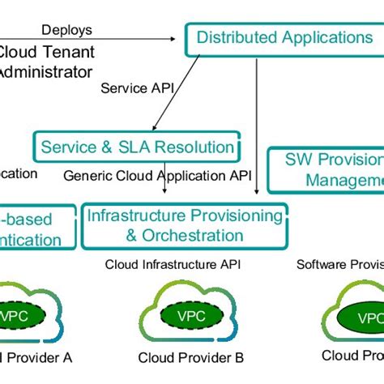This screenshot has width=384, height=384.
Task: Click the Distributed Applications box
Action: click(284, 38)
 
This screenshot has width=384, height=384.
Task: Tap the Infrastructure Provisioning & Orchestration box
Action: click(184, 226)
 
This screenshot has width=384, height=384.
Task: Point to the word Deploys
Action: click(66, 30)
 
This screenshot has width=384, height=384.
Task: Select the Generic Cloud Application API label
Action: click(157, 175)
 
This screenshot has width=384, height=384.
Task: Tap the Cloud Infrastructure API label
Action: click(173, 264)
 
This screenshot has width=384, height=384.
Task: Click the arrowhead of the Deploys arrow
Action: click(173, 38)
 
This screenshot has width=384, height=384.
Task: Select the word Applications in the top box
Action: click(326, 37)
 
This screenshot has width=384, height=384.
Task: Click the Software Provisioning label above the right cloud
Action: click(339, 264)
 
